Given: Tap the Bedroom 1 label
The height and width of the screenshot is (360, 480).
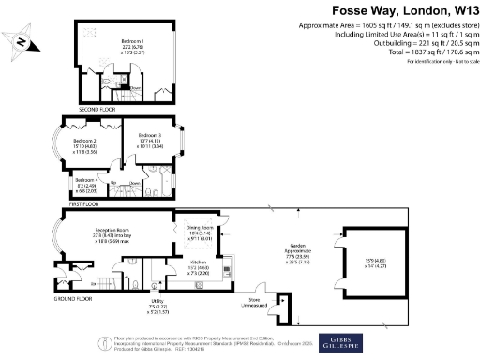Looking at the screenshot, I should tap(130, 44).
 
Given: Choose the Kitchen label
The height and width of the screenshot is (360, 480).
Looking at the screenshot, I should tap(198, 262).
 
